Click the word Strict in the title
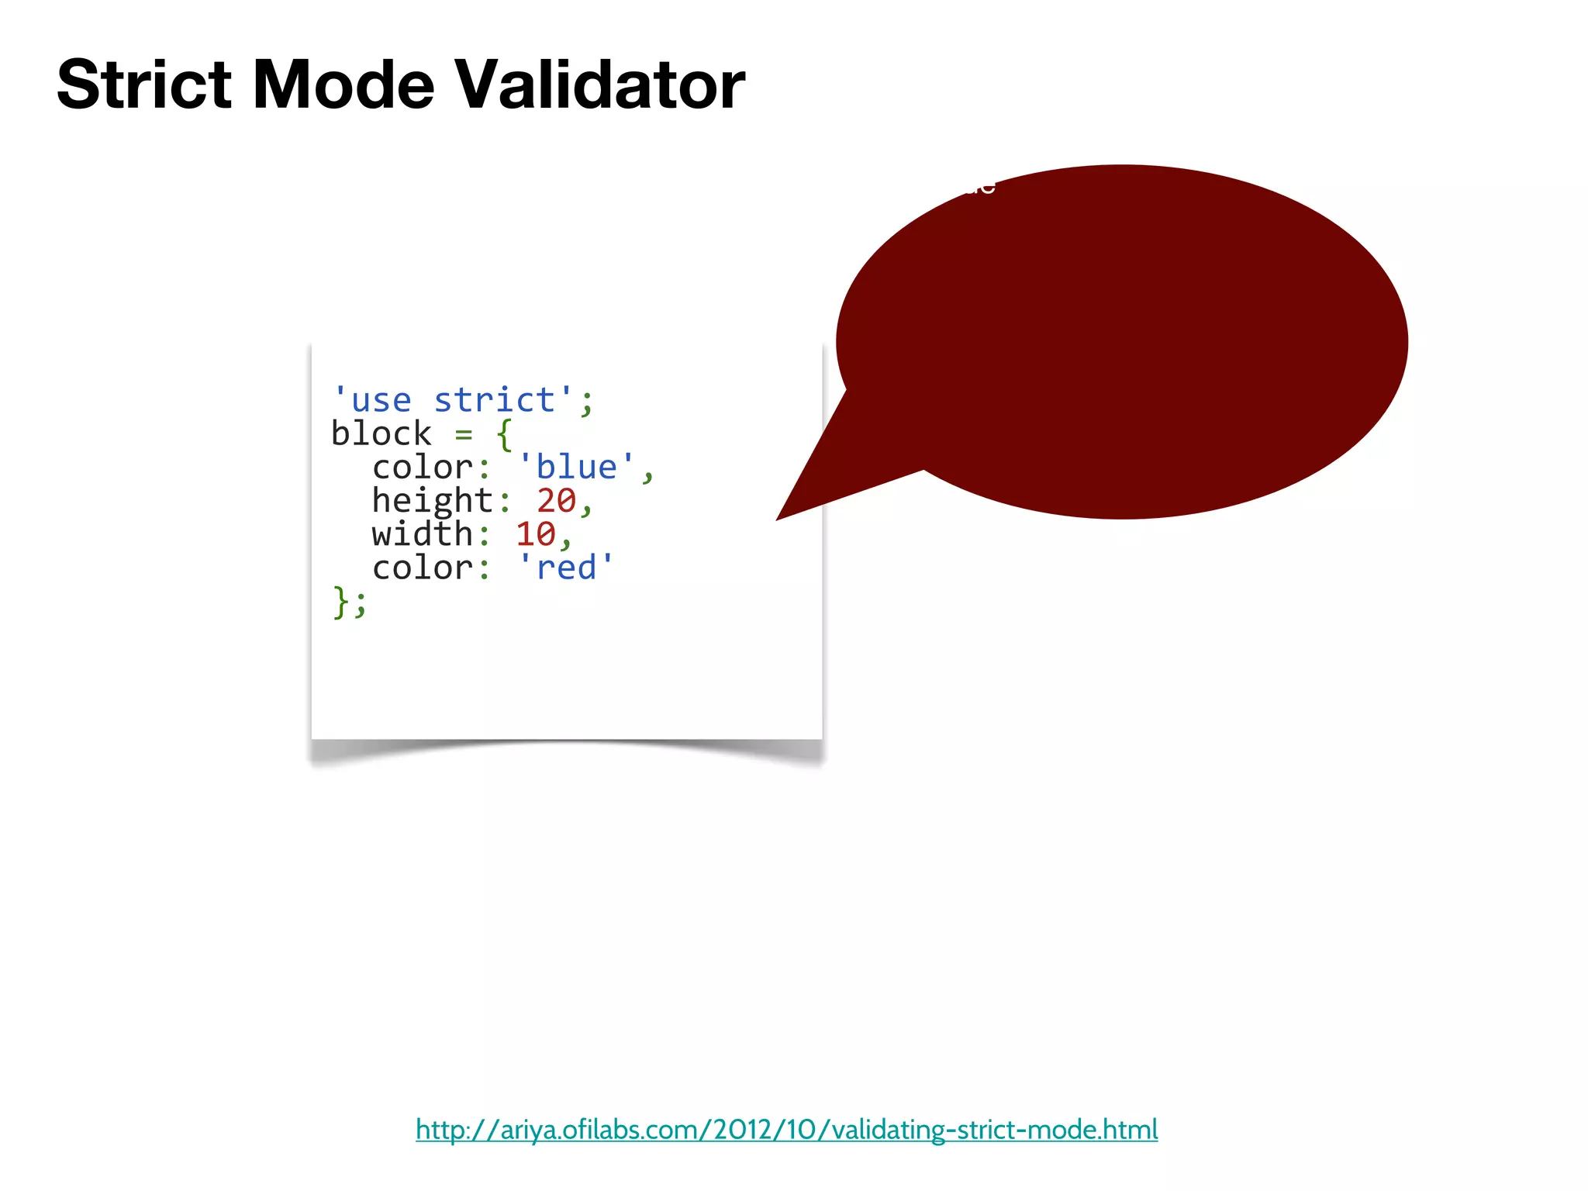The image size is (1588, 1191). pos(144,85)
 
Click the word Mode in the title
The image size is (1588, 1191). pos(343,85)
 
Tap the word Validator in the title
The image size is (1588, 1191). pos(599,85)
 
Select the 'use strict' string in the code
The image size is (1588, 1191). pos(454,401)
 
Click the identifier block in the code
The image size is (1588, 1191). pos(381,434)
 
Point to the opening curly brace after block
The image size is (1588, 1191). pos(505,434)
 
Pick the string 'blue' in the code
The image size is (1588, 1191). pos(576,468)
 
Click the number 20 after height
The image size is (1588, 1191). pos(556,501)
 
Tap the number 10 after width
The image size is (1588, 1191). pos(535,534)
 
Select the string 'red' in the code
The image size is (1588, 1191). pos(566,568)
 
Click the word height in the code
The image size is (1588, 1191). pos(432,501)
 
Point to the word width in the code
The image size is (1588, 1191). pos(422,534)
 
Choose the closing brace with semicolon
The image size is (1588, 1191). pos(349,602)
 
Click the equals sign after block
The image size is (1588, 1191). pos(464,434)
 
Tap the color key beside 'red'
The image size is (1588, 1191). pos(422,568)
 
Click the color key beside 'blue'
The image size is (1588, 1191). pos(422,468)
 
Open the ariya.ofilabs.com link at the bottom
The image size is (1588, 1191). pos(786,1130)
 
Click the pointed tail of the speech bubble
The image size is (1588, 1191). pos(814,488)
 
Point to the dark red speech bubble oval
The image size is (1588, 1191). pos(1124,341)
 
